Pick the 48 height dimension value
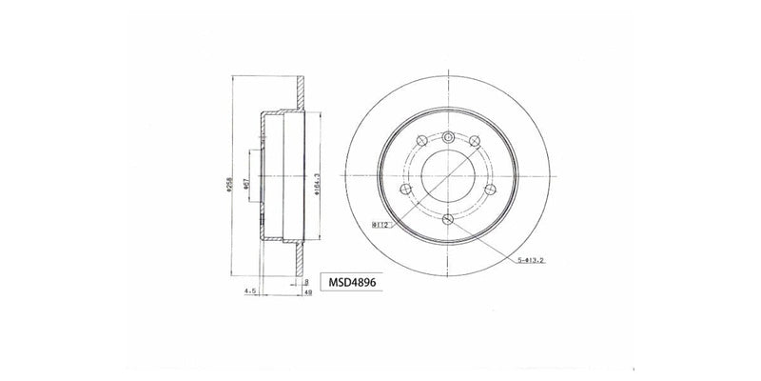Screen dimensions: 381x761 (x=308, y=292)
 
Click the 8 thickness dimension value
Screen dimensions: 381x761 (x=306, y=282)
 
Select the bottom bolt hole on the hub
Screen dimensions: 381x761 (x=447, y=220)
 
